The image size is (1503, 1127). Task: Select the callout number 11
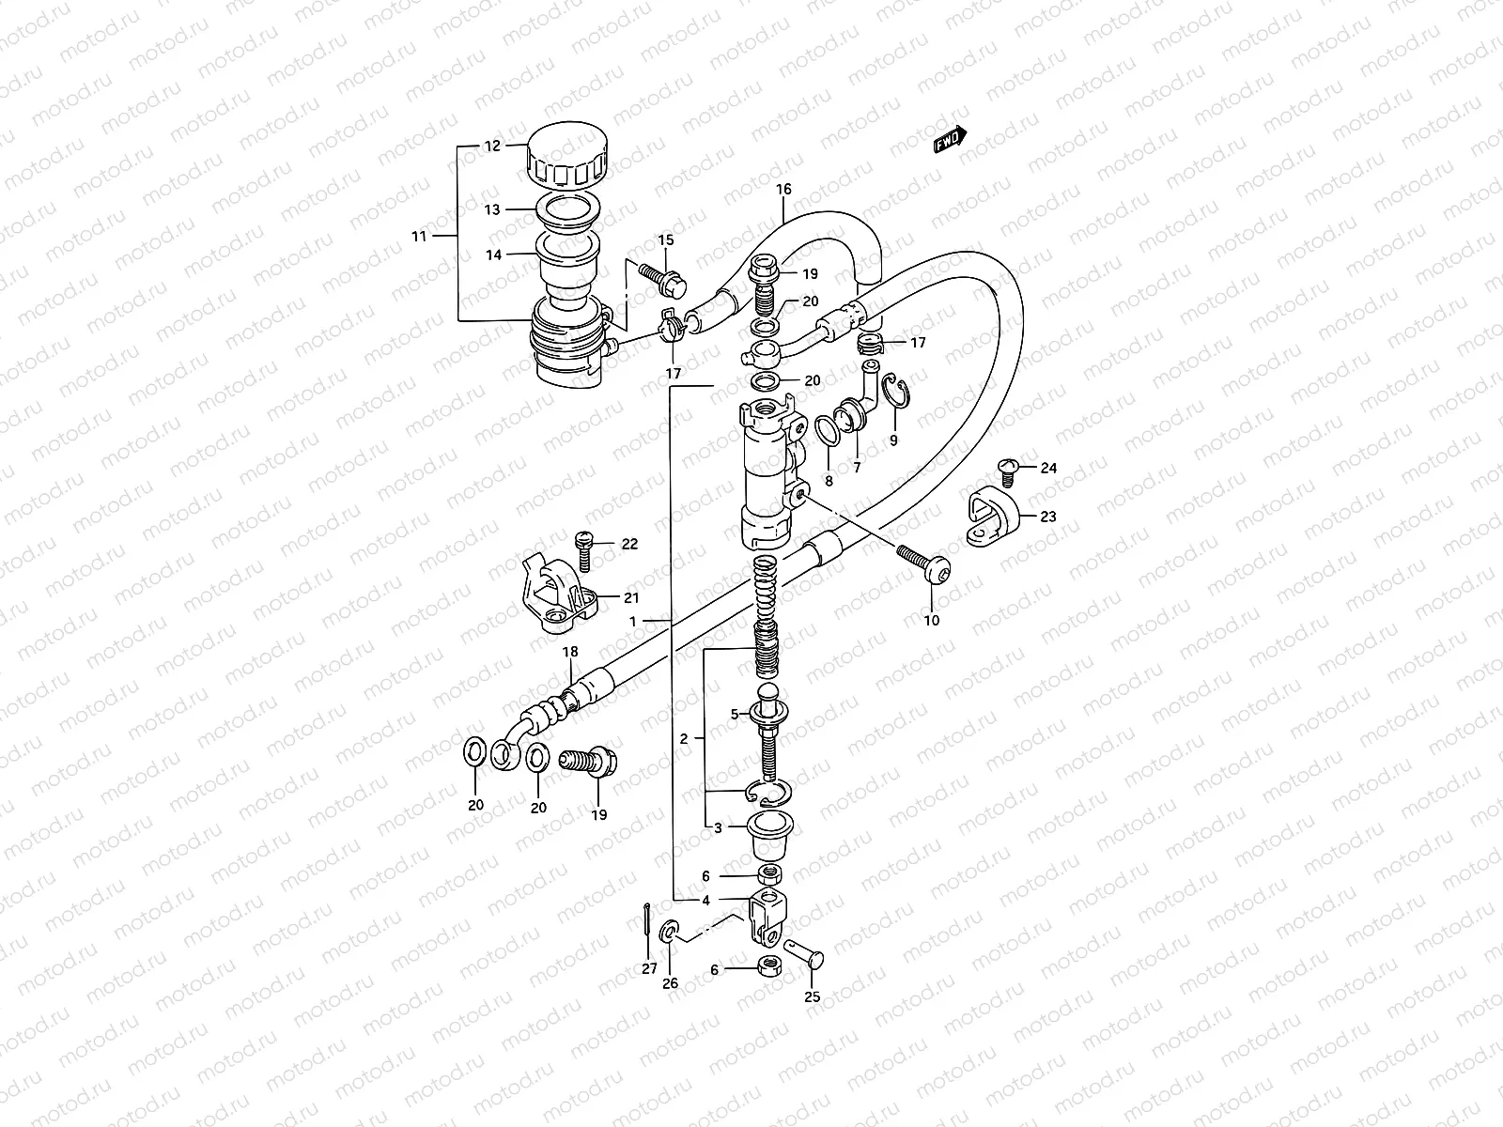pyautogui.click(x=419, y=236)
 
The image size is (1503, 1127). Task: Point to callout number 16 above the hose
pyautogui.click(x=784, y=190)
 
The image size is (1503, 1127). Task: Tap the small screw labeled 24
pyautogui.click(x=1007, y=468)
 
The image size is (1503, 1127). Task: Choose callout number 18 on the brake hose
pyautogui.click(x=570, y=652)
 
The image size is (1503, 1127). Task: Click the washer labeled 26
pyautogui.click(x=669, y=932)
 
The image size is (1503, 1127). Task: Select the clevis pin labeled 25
pyautogui.click(x=806, y=957)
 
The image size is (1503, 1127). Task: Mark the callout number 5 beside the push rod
pyautogui.click(x=736, y=714)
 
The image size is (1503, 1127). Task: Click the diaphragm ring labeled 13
pyautogui.click(x=570, y=211)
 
